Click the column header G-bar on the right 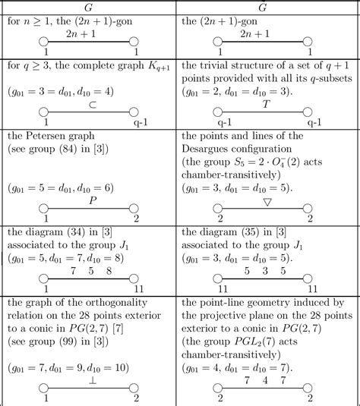tap(267, 6)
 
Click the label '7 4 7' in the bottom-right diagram tap(266, 378)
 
